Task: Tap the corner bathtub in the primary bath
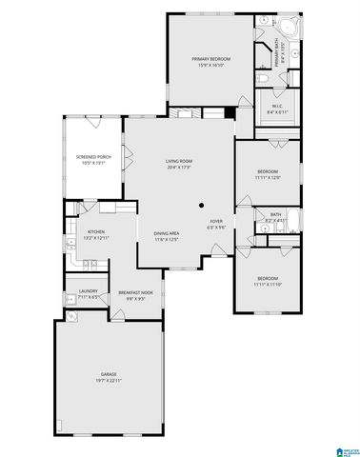(290, 26)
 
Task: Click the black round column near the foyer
(201, 205)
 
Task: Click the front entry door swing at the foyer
(220, 249)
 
